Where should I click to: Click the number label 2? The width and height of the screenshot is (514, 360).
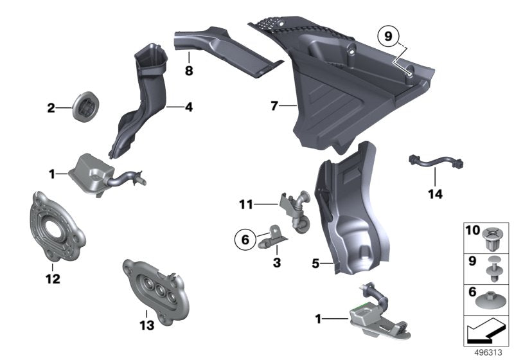coord(51,109)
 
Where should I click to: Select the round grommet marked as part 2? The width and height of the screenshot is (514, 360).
coord(83,107)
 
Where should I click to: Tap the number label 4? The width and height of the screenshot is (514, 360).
coord(189,108)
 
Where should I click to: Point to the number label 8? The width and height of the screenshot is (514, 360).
coord(189,71)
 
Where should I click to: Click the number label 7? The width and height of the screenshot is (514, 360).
coord(274,106)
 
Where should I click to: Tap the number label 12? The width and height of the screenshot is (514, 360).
coord(53,280)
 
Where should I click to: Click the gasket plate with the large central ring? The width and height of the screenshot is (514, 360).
coord(55,226)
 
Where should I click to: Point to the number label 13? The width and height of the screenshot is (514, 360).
coord(147,326)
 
